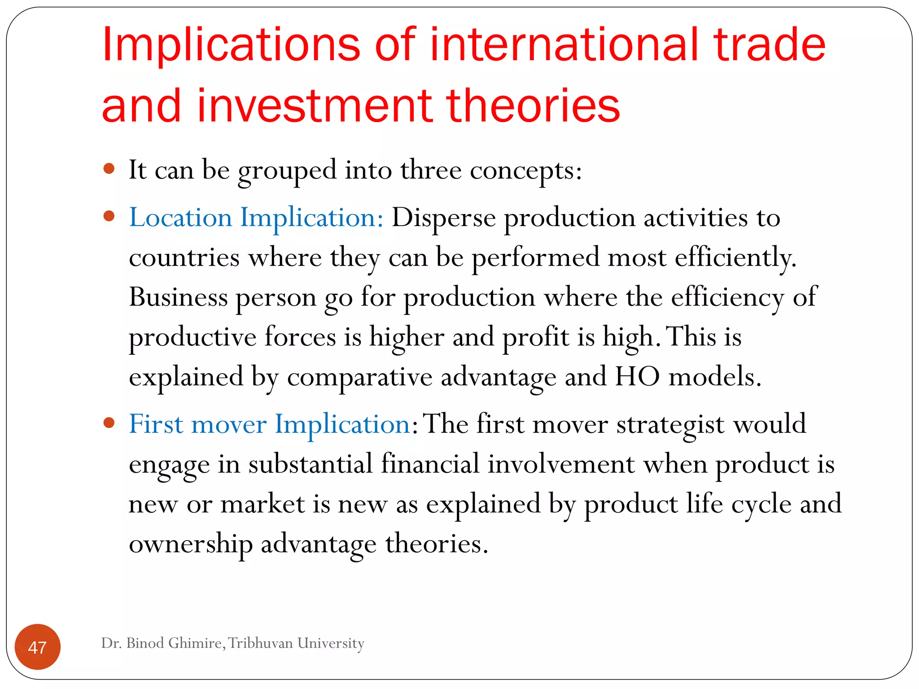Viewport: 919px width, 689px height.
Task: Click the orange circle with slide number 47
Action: [x=38, y=647]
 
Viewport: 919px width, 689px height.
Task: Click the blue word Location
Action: [x=180, y=218]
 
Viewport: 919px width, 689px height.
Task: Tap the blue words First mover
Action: [x=197, y=424]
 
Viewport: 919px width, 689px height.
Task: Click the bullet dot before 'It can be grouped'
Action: [x=109, y=169]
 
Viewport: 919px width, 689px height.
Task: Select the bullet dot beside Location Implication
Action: [x=109, y=217]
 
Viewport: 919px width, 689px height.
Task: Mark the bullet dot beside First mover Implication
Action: [x=109, y=423]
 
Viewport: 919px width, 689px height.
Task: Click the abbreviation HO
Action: [x=637, y=376]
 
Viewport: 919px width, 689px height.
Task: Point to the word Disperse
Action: [x=443, y=218]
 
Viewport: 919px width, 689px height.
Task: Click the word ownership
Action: [x=191, y=545]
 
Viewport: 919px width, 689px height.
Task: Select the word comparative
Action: [x=359, y=377]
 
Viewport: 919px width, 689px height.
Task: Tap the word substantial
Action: [x=311, y=464]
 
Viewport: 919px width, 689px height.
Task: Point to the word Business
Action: [x=178, y=297]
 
